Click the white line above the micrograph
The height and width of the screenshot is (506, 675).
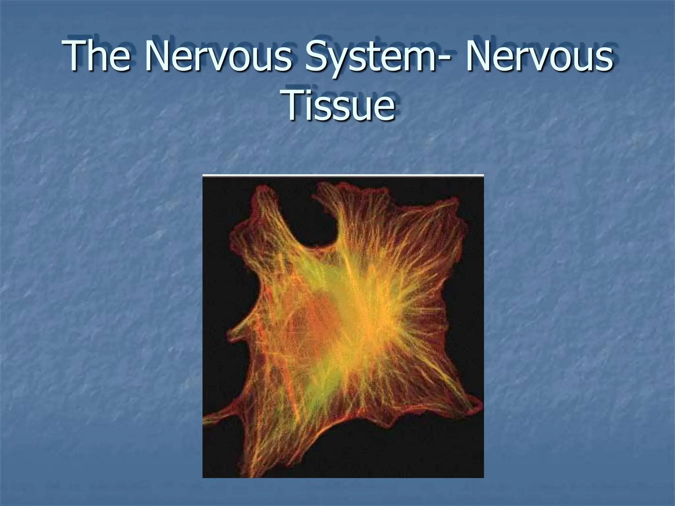coord(343,175)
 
